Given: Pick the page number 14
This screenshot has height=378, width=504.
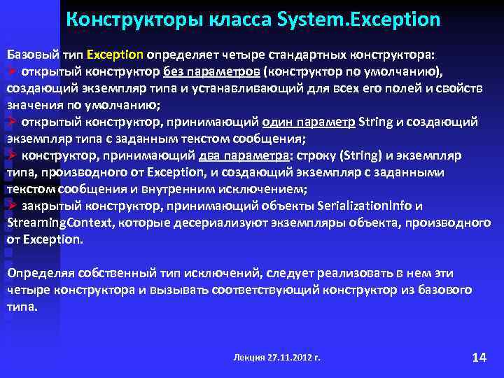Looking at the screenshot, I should point(479,357).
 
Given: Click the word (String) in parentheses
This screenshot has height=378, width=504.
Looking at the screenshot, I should point(342,155).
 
